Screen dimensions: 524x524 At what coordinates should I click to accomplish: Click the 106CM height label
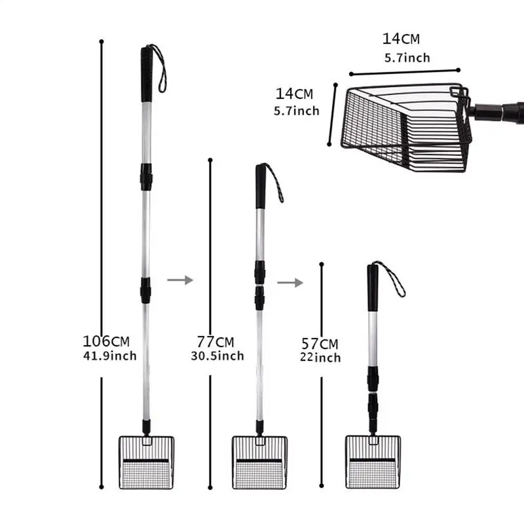(x=106, y=341)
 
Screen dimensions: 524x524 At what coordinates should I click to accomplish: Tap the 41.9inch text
(x=109, y=356)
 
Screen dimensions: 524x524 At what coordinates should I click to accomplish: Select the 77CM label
(x=215, y=342)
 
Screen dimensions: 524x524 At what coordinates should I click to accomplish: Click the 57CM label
(x=320, y=344)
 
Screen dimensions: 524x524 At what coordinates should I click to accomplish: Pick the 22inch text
(x=321, y=358)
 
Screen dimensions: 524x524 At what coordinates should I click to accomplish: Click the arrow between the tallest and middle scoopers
(x=180, y=280)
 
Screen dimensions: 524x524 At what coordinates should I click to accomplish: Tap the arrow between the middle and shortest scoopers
(x=290, y=282)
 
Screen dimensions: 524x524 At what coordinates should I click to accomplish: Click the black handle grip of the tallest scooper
(x=146, y=74)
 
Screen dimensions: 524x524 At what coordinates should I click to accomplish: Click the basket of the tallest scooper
(x=146, y=462)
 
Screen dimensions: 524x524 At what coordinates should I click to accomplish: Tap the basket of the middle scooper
(x=259, y=462)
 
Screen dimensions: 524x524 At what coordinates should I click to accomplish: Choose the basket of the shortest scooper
(x=373, y=462)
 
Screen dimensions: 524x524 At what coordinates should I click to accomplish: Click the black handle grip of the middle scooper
(x=260, y=186)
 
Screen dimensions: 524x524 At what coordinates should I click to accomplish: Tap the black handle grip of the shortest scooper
(x=373, y=287)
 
